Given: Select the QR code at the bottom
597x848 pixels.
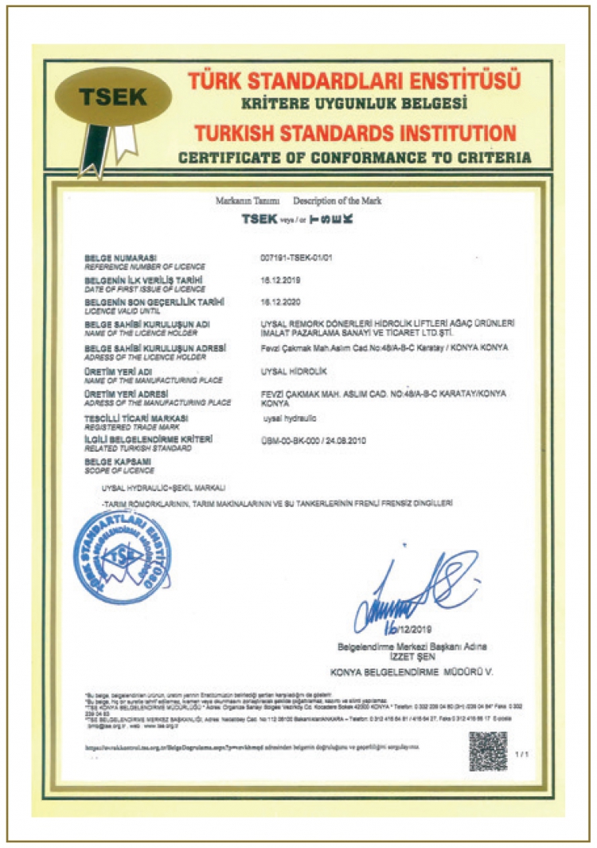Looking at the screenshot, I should point(487,750).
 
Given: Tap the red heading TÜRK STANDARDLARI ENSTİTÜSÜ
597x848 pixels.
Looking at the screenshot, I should point(354,80).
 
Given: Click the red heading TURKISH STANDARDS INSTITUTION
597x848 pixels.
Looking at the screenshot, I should point(354,132).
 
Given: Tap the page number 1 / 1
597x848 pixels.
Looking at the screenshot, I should point(521,752).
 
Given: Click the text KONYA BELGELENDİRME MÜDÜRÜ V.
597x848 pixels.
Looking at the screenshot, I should point(412,673).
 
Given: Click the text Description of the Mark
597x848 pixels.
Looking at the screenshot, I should point(337,201).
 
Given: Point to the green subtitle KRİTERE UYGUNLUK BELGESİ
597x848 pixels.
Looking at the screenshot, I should point(354,104).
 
